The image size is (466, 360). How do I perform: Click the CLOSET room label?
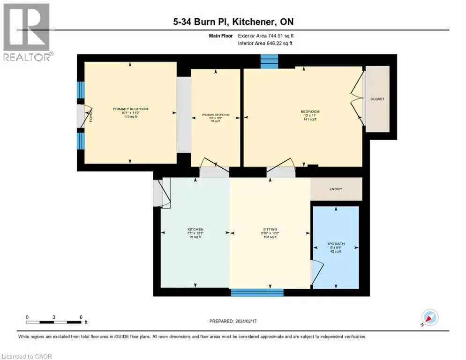377,99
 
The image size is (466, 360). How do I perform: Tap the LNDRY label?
336,189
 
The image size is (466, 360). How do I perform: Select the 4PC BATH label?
335,244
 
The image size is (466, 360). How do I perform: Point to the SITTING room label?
270,229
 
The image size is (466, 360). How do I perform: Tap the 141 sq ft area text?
310,120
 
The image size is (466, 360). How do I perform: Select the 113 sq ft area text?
130,117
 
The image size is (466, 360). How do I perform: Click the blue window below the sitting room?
257,292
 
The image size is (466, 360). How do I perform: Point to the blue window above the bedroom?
269,61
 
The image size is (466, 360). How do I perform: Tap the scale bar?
54,322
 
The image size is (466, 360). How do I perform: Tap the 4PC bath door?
317,271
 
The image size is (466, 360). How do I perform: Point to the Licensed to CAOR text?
27,356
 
